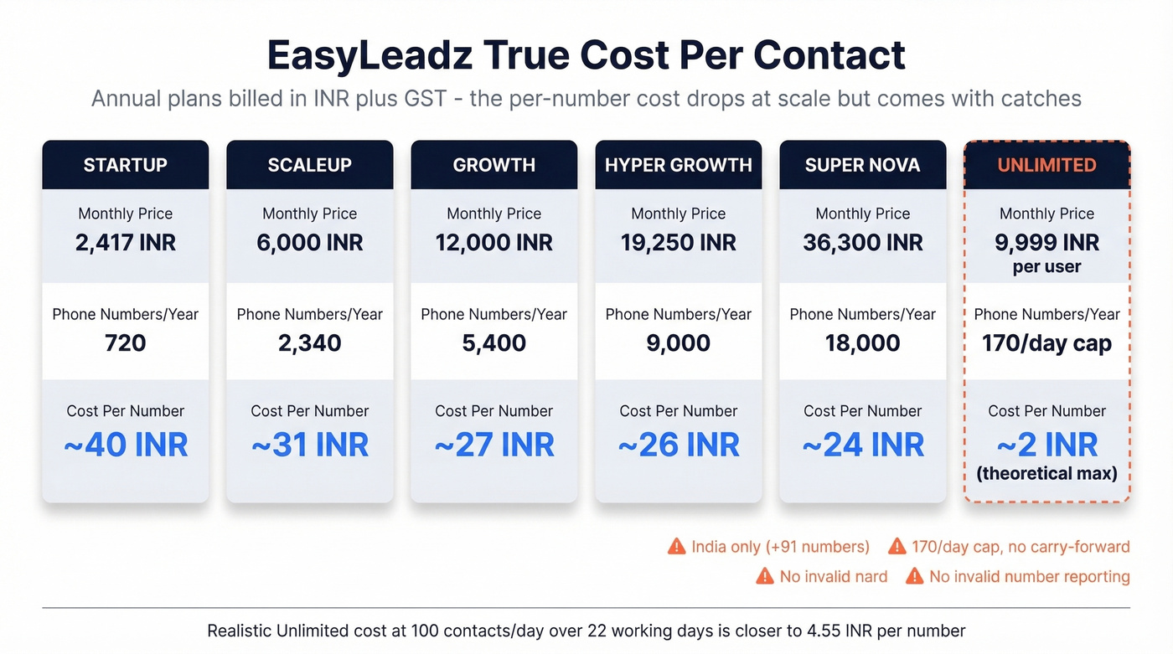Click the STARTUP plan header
pos(125,165)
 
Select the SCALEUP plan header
pos(309,165)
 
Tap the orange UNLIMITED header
pos(1046,165)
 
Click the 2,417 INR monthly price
pos(125,243)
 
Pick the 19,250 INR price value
pos(678,243)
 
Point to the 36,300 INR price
pos(862,243)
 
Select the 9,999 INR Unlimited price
pos(1046,243)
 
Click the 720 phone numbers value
pos(125,342)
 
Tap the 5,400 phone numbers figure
pos(493,342)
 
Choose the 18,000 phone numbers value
pos(862,342)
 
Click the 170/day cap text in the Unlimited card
pos(1046,342)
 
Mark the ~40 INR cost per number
pos(125,445)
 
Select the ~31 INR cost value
pos(309,445)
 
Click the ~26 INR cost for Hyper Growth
pos(678,445)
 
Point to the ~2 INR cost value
pos(1046,445)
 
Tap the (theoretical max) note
pos(1046,473)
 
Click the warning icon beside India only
pos(676,547)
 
